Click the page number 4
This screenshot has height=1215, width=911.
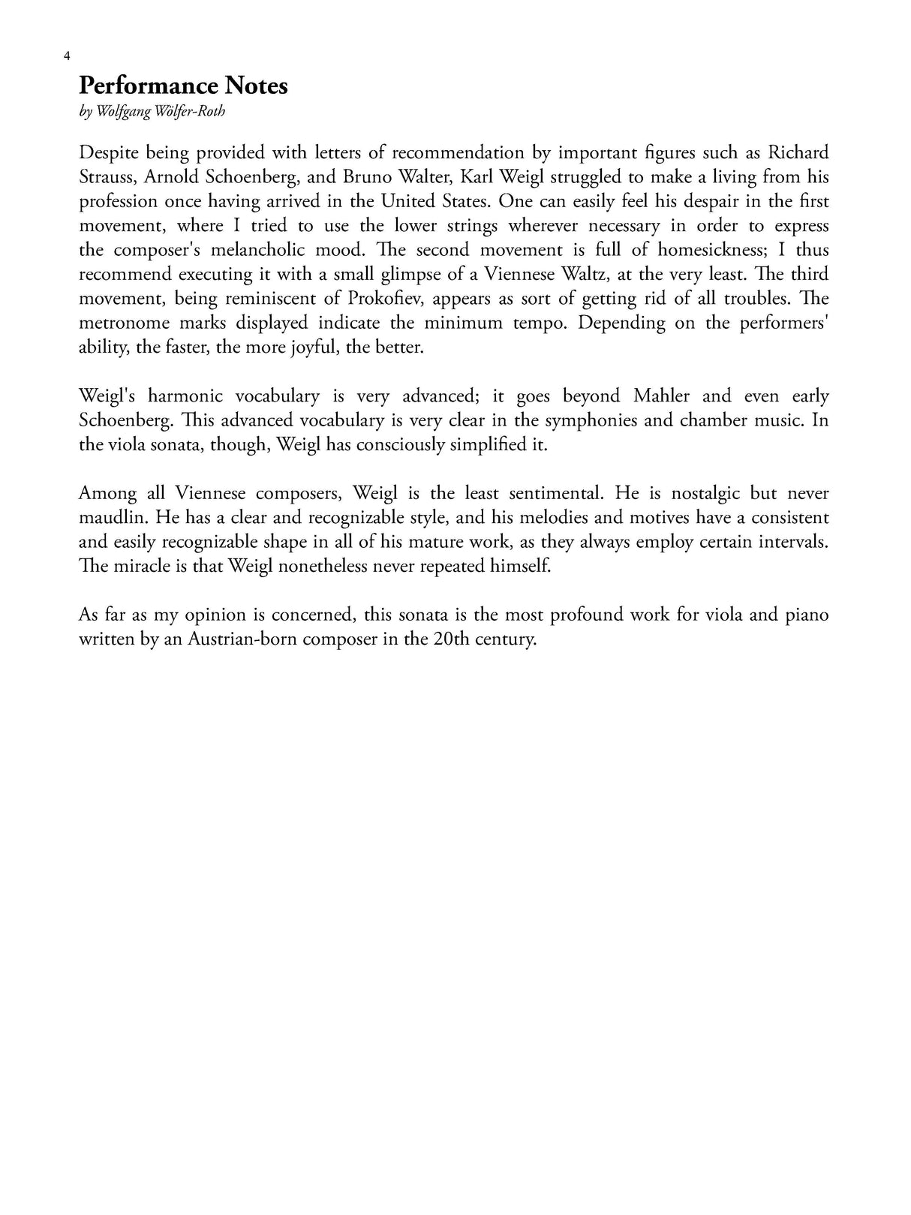click(x=68, y=56)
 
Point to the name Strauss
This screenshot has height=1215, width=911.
click(x=107, y=177)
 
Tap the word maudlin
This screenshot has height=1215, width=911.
click(x=110, y=518)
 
